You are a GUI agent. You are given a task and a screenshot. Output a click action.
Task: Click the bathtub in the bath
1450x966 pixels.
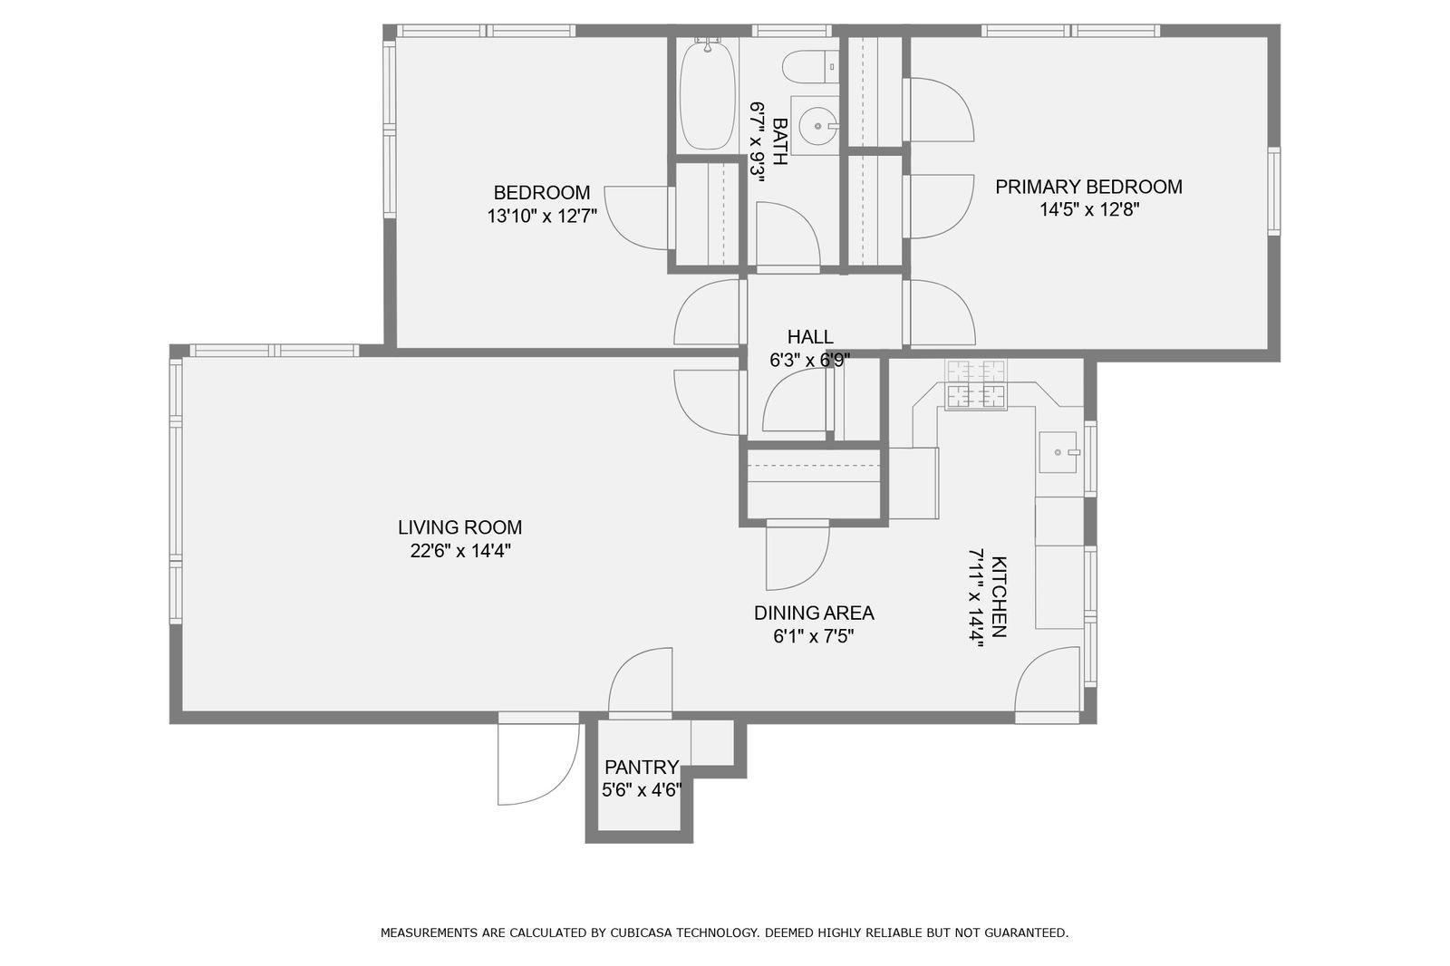(x=708, y=94)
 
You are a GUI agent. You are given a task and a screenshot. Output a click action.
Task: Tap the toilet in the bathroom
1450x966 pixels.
(x=811, y=67)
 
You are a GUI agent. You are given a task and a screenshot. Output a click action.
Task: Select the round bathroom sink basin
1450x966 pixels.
(x=819, y=126)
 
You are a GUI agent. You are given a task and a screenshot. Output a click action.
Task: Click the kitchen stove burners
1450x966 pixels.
(x=975, y=384)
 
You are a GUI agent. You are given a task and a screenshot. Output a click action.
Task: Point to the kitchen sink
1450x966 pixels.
(x=1058, y=452)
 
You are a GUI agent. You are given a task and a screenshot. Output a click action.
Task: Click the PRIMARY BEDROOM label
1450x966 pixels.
(x=1088, y=187)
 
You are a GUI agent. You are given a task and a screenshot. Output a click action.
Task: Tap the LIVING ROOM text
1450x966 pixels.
(x=459, y=527)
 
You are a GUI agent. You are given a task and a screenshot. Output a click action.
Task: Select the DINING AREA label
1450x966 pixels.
(x=814, y=613)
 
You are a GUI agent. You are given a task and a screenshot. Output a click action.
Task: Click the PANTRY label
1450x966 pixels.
(x=642, y=768)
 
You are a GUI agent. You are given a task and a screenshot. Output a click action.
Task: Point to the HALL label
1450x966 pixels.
(x=810, y=337)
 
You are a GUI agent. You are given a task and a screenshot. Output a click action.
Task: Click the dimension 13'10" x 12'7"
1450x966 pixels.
(x=542, y=217)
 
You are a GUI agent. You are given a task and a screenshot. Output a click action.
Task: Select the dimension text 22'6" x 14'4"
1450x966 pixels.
(x=460, y=551)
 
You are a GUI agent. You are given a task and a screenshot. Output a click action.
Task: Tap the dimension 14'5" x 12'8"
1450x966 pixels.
(x=1089, y=209)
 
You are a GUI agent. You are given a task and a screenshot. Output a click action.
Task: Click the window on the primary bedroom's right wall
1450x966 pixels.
(x=1274, y=191)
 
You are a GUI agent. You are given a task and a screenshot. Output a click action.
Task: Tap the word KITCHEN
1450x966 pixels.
(x=999, y=596)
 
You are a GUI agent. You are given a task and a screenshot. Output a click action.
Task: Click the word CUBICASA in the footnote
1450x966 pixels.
(x=641, y=933)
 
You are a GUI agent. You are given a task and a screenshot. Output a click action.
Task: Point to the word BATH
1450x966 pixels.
(x=780, y=141)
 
